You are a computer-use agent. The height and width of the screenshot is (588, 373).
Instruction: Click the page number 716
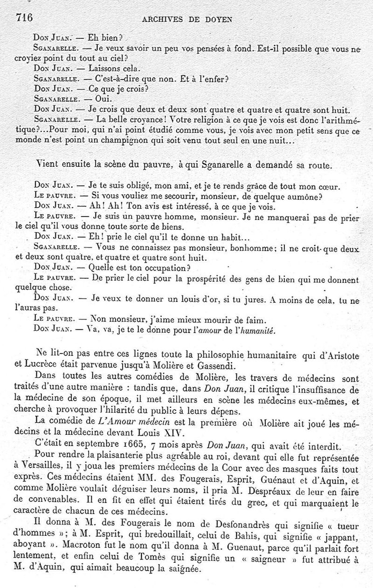(24, 18)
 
